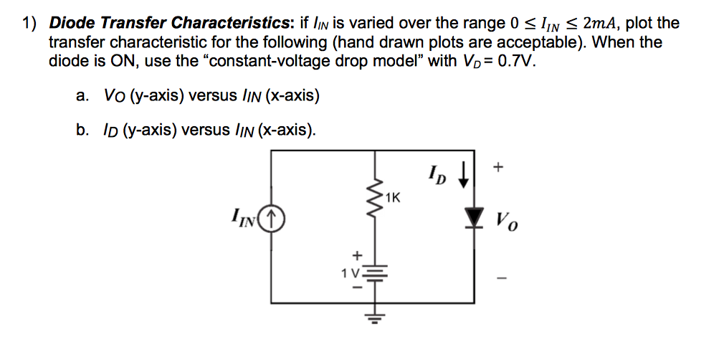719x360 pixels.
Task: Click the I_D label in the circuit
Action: click(x=435, y=174)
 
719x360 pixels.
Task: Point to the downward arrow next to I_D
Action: click(x=465, y=174)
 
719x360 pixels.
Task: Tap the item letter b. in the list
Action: click(x=82, y=129)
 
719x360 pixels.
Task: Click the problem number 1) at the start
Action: click(x=29, y=24)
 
